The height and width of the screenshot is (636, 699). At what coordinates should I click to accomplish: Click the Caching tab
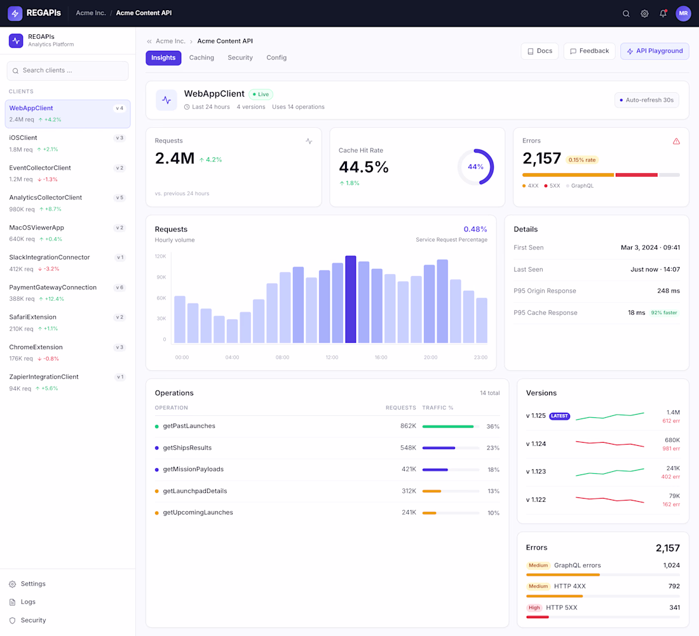201,58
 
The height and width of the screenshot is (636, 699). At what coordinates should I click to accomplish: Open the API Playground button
655,51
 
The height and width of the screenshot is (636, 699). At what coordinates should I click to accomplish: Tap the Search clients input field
68,71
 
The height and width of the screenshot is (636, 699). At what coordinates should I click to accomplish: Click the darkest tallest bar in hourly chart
351,299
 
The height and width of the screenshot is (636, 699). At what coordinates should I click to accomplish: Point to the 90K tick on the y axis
161,277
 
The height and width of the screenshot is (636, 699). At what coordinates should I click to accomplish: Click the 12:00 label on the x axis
332,357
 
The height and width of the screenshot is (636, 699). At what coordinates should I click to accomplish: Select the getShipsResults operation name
187,448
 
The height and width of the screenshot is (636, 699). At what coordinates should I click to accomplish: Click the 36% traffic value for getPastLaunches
492,426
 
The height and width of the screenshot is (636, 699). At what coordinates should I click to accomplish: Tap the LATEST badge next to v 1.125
559,416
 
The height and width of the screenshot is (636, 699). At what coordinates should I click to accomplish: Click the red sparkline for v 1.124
610,444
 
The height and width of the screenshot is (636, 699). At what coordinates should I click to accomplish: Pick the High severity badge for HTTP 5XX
534,607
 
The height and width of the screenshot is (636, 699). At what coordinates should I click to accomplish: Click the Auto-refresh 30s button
647,100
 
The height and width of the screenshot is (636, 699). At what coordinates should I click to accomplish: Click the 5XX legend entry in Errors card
552,186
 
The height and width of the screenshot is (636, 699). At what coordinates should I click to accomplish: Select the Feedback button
589,51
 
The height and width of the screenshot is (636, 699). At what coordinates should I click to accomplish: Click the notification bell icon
663,13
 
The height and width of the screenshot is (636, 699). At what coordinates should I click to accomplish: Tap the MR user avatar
683,13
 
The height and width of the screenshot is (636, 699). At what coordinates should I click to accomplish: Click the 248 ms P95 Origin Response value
668,291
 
